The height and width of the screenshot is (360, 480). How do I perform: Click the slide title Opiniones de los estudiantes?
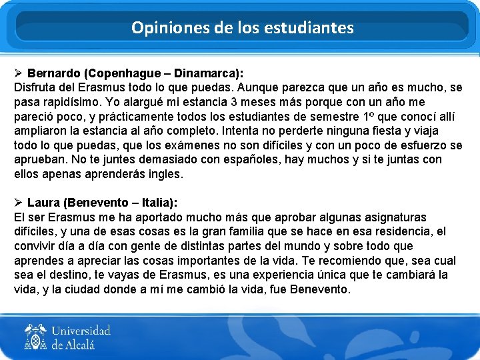click(x=242, y=28)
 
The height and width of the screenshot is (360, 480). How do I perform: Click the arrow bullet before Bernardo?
click(x=19, y=73)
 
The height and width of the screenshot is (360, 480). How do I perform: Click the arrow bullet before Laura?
click(x=19, y=202)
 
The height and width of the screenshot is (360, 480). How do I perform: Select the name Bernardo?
click(x=54, y=73)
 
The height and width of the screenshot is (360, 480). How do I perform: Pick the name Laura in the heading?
click(x=44, y=202)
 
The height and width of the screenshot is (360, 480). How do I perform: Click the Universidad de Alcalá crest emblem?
click(x=35, y=337)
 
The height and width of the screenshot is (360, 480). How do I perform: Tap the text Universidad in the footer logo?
click(x=81, y=331)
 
